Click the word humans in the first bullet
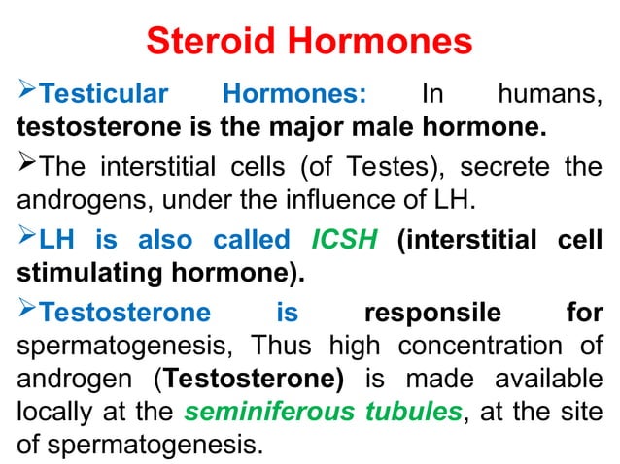pos(549,95)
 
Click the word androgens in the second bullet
pos(75,199)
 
